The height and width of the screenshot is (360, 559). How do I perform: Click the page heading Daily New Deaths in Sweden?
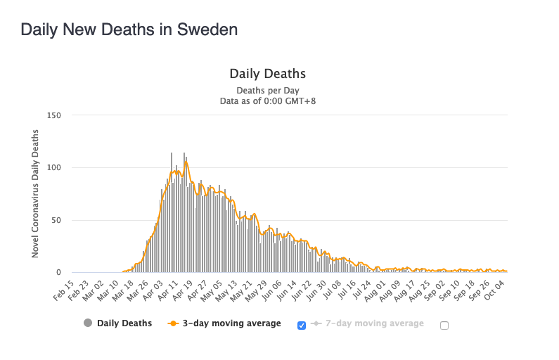(x=129, y=30)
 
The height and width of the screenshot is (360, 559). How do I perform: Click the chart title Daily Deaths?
(x=267, y=74)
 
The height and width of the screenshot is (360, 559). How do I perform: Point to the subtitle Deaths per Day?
(x=267, y=90)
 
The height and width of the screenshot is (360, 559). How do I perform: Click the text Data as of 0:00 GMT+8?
(x=267, y=101)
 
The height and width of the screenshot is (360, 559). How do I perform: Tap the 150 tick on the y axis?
(x=54, y=115)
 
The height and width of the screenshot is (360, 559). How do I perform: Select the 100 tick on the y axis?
(x=54, y=168)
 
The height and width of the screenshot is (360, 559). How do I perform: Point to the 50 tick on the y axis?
(x=56, y=220)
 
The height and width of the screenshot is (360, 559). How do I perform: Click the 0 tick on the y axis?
(x=59, y=273)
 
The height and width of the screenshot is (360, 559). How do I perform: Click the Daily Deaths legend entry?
(x=124, y=323)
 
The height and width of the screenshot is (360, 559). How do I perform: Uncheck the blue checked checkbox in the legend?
(x=302, y=325)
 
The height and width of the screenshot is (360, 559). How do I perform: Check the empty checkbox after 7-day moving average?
(x=444, y=325)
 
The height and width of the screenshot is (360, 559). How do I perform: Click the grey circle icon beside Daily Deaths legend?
(x=88, y=323)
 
